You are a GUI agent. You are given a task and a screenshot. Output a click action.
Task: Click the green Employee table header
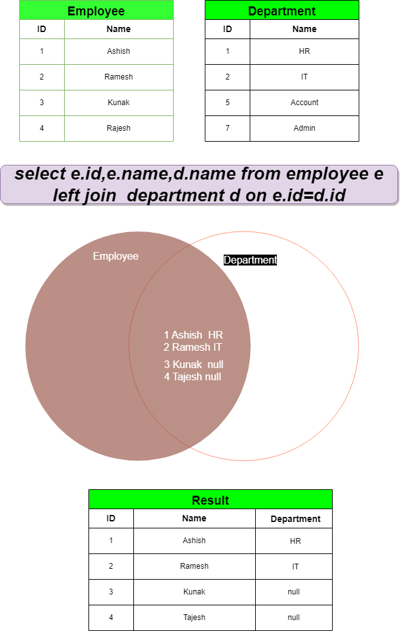[x=96, y=11]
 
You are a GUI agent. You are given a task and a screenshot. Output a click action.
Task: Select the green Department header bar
[x=281, y=11]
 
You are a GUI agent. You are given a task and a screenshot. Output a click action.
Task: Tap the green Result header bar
[x=210, y=500]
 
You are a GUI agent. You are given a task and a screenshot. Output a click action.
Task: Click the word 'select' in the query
[x=40, y=174]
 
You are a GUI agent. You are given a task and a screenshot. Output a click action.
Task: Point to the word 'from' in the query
[x=261, y=174]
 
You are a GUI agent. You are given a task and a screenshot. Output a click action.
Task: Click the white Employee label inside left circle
[x=115, y=257]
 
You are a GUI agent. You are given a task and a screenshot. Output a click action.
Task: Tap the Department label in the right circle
[x=250, y=260]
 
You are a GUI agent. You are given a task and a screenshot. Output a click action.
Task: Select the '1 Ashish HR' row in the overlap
[x=193, y=335]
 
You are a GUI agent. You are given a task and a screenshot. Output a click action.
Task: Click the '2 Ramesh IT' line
[x=193, y=347]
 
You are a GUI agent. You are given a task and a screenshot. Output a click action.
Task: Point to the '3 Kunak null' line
[x=193, y=364]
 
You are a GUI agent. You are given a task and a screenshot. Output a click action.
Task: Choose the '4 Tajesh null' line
[x=192, y=376]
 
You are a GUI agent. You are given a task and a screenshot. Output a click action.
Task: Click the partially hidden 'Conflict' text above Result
[x=130, y=487]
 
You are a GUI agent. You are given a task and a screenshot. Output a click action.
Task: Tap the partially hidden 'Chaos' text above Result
[x=290, y=487]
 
